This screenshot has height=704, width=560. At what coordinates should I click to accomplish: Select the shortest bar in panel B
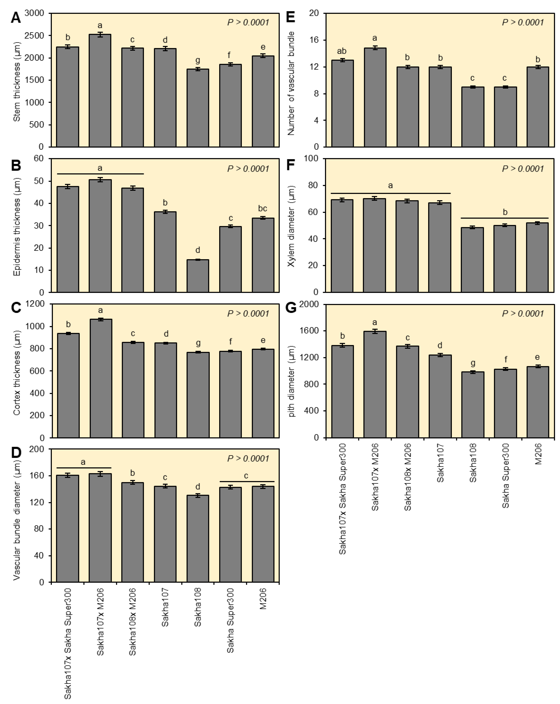point(198,276)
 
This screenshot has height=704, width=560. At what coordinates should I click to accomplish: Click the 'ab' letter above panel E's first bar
point(342,51)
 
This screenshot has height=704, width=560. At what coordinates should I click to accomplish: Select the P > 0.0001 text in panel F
point(523,169)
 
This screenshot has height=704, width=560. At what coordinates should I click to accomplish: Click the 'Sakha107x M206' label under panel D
point(100,621)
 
